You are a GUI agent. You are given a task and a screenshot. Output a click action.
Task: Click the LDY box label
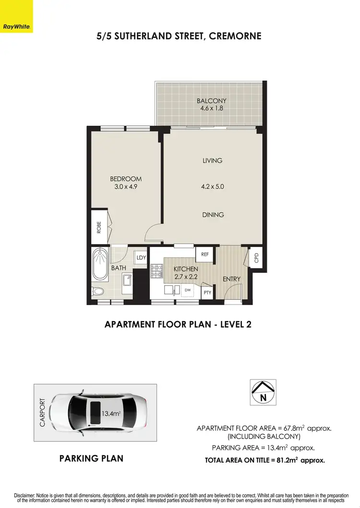click(x=141, y=258)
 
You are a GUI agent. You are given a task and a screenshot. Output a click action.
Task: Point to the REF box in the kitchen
click(x=204, y=255)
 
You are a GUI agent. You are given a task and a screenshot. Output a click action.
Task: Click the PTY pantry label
click(x=207, y=292)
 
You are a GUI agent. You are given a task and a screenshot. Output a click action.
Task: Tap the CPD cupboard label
click(x=256, y=258)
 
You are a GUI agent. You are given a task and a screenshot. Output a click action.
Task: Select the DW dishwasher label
click(x=188, y=290)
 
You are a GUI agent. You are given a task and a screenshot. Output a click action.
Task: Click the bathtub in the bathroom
click(x=100, y=264)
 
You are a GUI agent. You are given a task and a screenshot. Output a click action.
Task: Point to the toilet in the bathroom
click(x=98, y=291)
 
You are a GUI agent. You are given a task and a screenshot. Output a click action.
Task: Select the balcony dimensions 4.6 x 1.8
click(x=212, y=108)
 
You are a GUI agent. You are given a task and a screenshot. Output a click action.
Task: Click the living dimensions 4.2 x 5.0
click(x=213, y=188)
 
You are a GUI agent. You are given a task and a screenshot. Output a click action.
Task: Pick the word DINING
click(x=213, y=214)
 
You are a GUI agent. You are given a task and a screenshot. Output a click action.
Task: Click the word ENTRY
click(x=231, y=279)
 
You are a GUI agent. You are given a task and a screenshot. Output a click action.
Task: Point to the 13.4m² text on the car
click(x=111, y=413)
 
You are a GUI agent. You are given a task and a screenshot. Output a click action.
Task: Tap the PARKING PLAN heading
click(x=91, y=458)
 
